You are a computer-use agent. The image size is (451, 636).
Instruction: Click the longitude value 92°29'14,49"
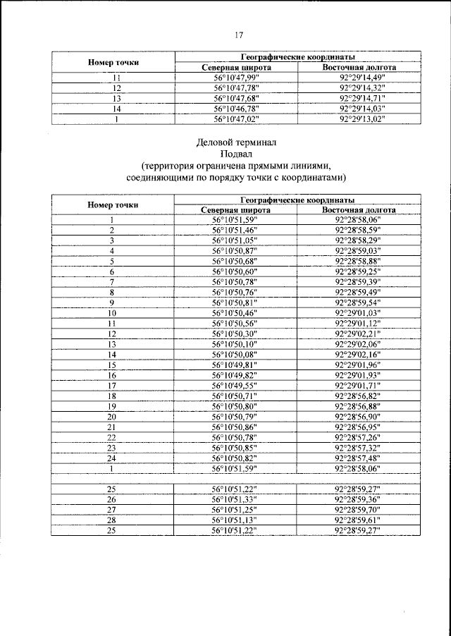[x=359, y=78]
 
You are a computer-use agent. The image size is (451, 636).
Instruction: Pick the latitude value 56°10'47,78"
[x=236, y=88]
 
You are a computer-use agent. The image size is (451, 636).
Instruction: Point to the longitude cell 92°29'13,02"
[x=359, y=119]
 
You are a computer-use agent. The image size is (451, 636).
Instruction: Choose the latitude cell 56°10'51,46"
[x=236, y=230]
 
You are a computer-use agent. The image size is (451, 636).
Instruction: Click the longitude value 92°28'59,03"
[x=359, y=250]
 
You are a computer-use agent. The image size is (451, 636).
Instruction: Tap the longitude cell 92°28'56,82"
[x=359, y=396]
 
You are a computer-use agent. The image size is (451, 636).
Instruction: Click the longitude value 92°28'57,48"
[x=359, y=458]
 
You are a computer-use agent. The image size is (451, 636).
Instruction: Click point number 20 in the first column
[x=112, y=417]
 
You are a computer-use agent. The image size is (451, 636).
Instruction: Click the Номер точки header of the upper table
[x=113, y=62]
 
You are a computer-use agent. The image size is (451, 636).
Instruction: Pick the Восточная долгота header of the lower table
[x=359, y=209]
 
